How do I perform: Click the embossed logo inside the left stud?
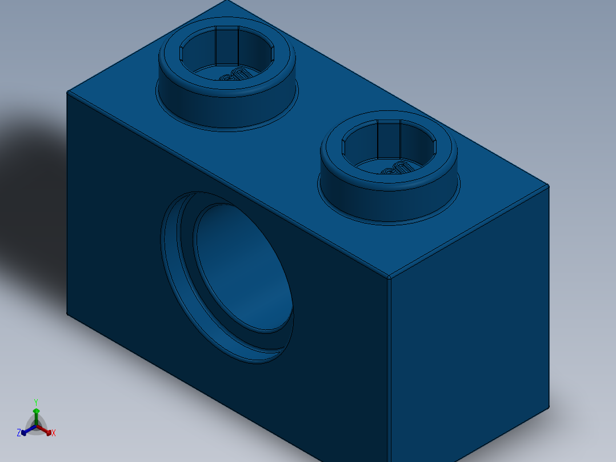234,75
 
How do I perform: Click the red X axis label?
53,433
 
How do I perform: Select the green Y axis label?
35,402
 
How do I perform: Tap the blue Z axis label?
19,433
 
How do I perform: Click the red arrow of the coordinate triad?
46,431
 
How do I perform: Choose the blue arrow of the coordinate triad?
26,431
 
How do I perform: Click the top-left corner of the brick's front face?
67,92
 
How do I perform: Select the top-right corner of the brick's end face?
549,185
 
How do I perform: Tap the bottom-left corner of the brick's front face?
67,314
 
